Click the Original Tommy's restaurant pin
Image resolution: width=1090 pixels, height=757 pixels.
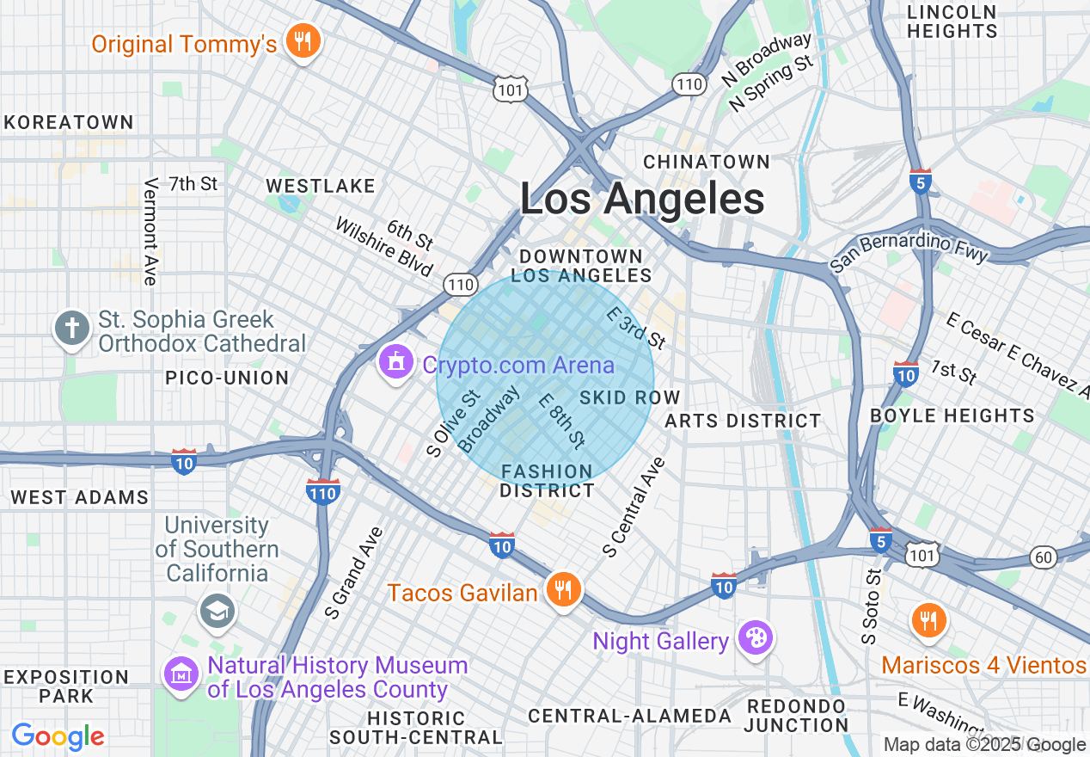click(302, 40)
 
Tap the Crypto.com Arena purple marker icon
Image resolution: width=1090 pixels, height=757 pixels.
click(395, 362)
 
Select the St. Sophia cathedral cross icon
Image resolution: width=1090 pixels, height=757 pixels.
click(73, 329)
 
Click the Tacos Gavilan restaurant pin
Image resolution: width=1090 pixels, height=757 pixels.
click(562, 590)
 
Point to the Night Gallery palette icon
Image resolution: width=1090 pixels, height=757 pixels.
click(756, 638)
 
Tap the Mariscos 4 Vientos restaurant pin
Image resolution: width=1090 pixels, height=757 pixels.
click(928, 619)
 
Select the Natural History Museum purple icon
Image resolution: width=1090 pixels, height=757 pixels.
click(181, 674)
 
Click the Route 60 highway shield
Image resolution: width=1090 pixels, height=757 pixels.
click(1044, 557)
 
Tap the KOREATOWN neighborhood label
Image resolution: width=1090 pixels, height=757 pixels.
click(69, 122)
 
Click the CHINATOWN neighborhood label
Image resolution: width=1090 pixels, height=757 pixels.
click(707, 162)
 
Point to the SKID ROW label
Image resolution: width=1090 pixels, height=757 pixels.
click(630, 397)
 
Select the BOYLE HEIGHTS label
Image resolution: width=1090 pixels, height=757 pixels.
click(952, 415)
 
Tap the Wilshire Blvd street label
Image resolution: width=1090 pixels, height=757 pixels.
click(384, 247)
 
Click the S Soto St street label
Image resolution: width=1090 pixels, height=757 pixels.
click(870, 606)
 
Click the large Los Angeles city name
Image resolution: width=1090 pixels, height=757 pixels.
click(642, 200)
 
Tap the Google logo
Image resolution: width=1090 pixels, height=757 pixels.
click(58, 736)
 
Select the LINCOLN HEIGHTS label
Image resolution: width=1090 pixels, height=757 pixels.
click(952, 22)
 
